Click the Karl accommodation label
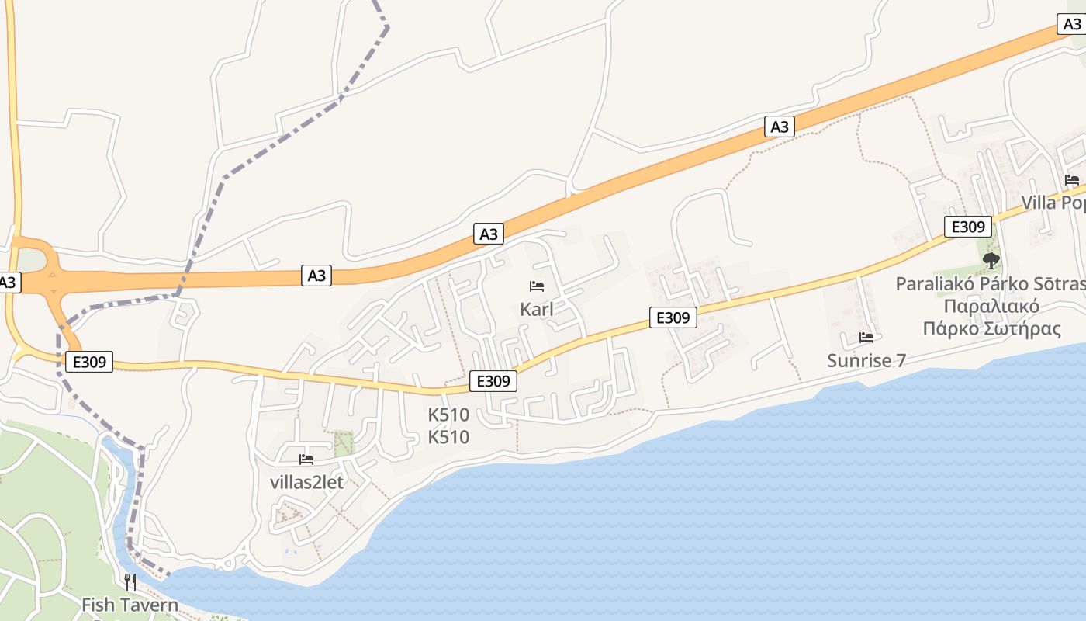(x=537, y=309)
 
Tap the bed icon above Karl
(x=537, y=286)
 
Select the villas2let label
(x=306, y=482)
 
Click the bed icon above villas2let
(x=306, y=460)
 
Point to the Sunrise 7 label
(x=866, y=360)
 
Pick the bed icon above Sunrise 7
(x=866, y=338)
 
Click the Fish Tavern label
(x=130, y=605)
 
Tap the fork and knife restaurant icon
(x=130, y=581)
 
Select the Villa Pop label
(x=1053, y=203)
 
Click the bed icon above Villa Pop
(x=1072, y=180)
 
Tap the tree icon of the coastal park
(x=991, y=260)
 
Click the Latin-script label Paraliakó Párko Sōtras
(x=990, y=283)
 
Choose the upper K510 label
(x=448, y=415)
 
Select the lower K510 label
(x=448, y=437)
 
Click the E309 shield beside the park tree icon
(x=968, y=227)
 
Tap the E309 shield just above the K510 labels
(x=493, y=381)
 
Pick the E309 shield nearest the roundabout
(x=89, y=361)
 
